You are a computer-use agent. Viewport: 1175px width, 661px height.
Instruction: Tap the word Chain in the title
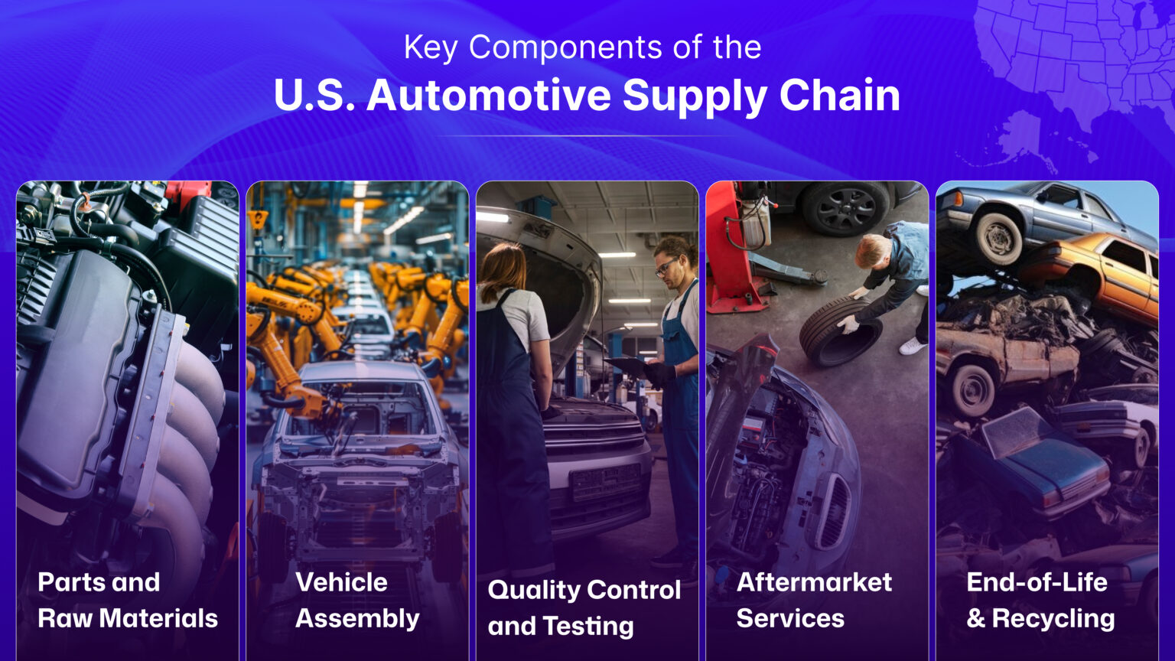(839, 96)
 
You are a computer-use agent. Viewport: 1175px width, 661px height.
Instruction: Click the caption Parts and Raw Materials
(127, 600)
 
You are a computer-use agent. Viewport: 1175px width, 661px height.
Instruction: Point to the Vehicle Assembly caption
(357, 600)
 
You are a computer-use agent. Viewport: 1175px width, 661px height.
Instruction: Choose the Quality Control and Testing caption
(584, 607)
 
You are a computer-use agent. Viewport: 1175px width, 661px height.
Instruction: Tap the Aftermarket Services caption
(813, 600)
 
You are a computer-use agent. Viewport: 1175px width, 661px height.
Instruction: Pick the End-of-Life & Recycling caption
(1040, 600)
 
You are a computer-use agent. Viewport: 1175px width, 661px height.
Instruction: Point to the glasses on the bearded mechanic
(665, 265)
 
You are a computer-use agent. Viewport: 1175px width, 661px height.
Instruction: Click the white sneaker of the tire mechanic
(912, 346)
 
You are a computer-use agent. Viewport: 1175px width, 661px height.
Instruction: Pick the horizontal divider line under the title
(587, 136)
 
